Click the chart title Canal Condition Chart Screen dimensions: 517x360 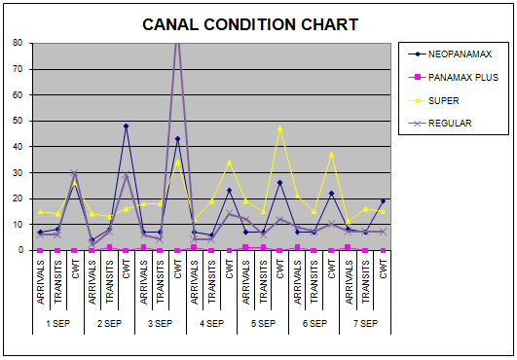click(250, 24)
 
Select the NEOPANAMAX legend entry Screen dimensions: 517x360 click(450, 54)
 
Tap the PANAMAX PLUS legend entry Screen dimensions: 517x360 click(454, 78)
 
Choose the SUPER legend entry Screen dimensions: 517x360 click(433, 100)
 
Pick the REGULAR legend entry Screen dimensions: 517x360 click(440, 124)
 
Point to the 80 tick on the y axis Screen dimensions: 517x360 click(18, 43)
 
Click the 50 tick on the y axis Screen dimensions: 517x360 click(18, 121)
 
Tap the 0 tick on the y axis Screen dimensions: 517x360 click(20, 250)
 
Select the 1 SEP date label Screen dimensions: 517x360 click(58, 324)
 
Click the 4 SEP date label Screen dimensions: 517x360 click(211, 324)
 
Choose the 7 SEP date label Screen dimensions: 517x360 click(365, 324)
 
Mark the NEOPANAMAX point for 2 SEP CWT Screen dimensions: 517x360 click(126, 126)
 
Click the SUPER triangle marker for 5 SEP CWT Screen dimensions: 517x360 click(280, 128)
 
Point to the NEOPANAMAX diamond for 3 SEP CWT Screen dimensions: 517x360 click(177, 139)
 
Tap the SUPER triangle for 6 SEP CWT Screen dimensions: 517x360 click(331, 154)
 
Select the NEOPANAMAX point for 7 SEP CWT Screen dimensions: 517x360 click(383, 200)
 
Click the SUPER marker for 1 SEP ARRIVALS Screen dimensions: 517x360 click(40, 211)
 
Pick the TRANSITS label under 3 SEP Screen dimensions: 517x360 click(161, 282)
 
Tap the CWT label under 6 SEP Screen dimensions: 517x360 click(331, 270)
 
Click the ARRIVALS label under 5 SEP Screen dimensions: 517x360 click(246, 282)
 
